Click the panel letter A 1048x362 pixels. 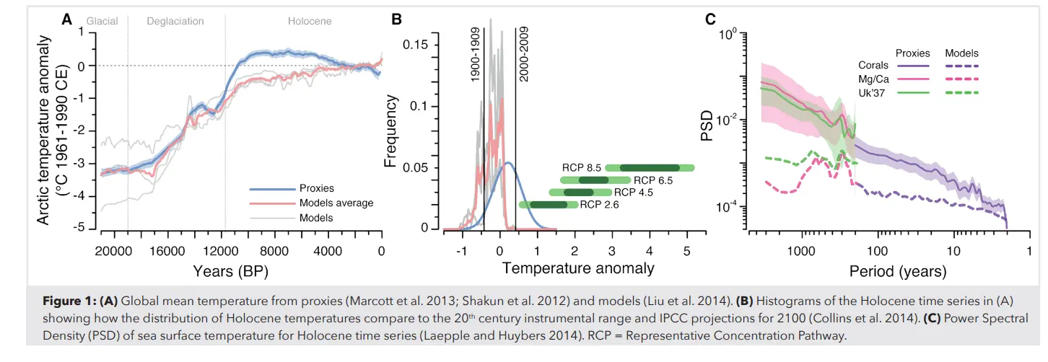point(67,20)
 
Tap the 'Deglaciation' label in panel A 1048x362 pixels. point(176,22)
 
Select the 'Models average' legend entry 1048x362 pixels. point(336,203)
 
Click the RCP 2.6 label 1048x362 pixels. point(599,205)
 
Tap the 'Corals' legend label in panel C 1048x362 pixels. point(873,65)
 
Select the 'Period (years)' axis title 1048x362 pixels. point(888,272)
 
